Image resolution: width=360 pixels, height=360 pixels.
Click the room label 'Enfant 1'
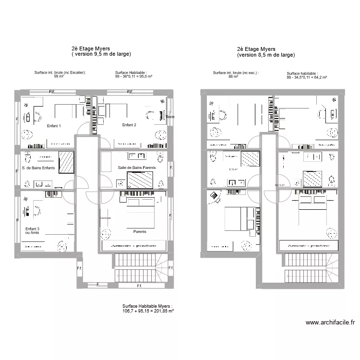coord(53,126)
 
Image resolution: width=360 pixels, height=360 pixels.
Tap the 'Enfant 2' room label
coord(129,125)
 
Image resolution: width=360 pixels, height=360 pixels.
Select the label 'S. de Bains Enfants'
coord(38,168)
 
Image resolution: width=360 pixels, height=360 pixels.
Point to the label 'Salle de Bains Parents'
coord(136,168)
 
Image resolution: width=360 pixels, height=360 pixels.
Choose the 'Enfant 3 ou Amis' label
coord(33,231)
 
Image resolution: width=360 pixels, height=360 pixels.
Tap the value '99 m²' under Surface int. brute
coord(59,76)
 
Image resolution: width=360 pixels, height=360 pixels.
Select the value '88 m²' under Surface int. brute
coord(233,77)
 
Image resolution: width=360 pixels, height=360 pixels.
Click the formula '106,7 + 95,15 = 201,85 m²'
coord(148,311)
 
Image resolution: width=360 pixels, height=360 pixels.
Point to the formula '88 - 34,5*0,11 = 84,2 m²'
coord(306,77)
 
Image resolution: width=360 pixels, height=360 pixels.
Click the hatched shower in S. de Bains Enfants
coord(67,162)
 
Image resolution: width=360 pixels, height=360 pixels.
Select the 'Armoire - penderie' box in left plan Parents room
coord(134,245)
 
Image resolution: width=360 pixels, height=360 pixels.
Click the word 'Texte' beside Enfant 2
coord(170,117)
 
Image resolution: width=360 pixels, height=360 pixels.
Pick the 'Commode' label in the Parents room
coord(105,218)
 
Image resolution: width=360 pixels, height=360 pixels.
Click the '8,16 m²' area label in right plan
coord(233,169)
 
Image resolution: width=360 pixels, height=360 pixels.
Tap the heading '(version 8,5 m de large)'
coord(265,55)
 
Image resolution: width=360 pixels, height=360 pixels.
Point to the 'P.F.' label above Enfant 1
coord(53,91)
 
